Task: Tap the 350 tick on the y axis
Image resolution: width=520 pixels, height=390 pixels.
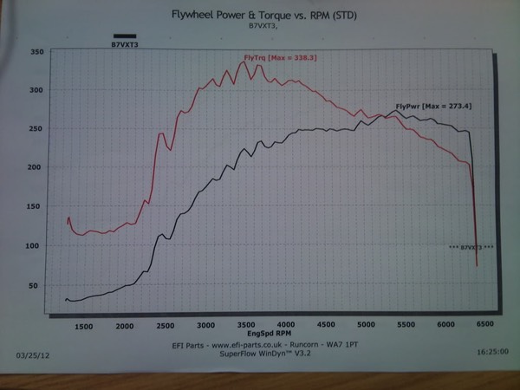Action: point(36,52)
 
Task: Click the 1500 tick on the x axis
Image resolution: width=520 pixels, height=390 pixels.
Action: point(83,326)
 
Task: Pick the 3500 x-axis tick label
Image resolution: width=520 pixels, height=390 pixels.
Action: point(245,326)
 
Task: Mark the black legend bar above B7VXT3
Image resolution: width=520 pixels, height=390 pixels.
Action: point(125,36)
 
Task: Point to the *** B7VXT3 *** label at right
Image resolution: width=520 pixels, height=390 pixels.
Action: point(471,248)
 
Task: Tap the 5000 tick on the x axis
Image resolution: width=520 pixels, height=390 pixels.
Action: point(367,326)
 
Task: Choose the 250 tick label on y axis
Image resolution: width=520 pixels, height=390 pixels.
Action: point(36,129)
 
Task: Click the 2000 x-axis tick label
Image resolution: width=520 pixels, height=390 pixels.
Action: point(124,326)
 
